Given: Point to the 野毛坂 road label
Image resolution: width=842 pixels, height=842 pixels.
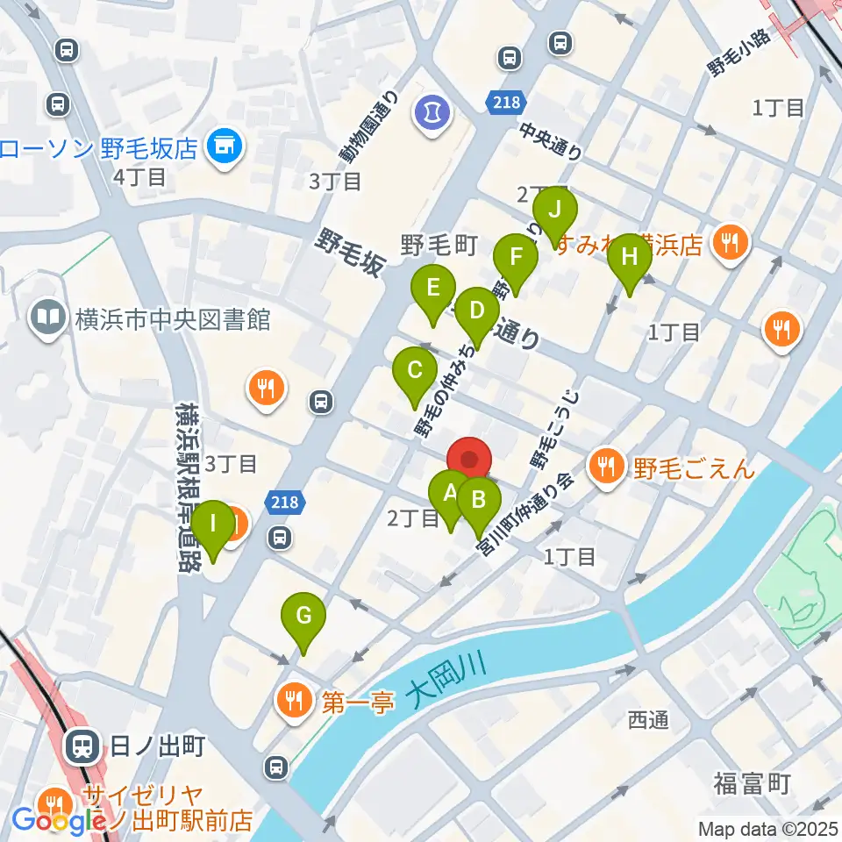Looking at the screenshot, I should [x=351, y=251].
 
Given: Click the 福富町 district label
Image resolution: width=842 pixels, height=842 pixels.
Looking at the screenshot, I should [x=752, y=783].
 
